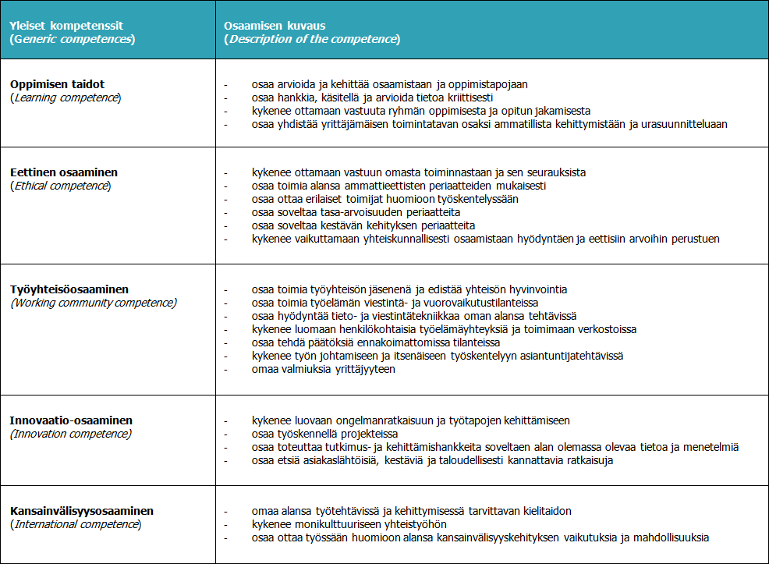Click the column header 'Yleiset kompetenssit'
point(67,26)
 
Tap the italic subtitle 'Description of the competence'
point(312,39)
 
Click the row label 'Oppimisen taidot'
point(57,84)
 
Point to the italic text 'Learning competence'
point(66,98)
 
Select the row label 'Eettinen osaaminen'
point(64,172)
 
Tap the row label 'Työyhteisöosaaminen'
point(69,289)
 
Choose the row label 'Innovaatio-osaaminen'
point(71,420)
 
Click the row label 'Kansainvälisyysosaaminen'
point(82,511)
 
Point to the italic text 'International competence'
point(76,524)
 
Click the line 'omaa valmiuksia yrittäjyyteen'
point(323,369)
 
